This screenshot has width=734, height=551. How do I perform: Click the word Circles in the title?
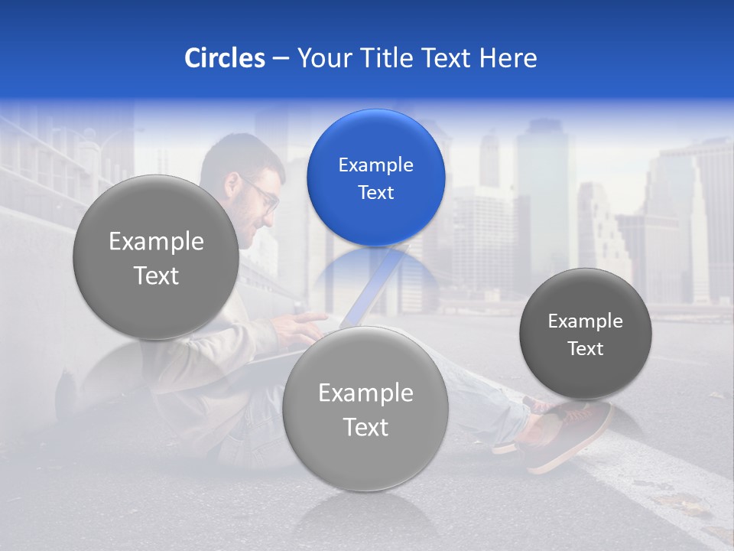click(x=224, y=58)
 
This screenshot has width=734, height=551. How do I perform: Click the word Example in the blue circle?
click(x=375, y=165)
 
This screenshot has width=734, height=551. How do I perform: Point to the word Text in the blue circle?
click(x=375, y=192)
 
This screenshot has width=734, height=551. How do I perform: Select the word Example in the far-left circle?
click(x=156, y=241)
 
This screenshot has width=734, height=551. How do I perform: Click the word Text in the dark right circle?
click(x=585, y=348)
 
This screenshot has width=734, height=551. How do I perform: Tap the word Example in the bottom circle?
click(x=365, y=393)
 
